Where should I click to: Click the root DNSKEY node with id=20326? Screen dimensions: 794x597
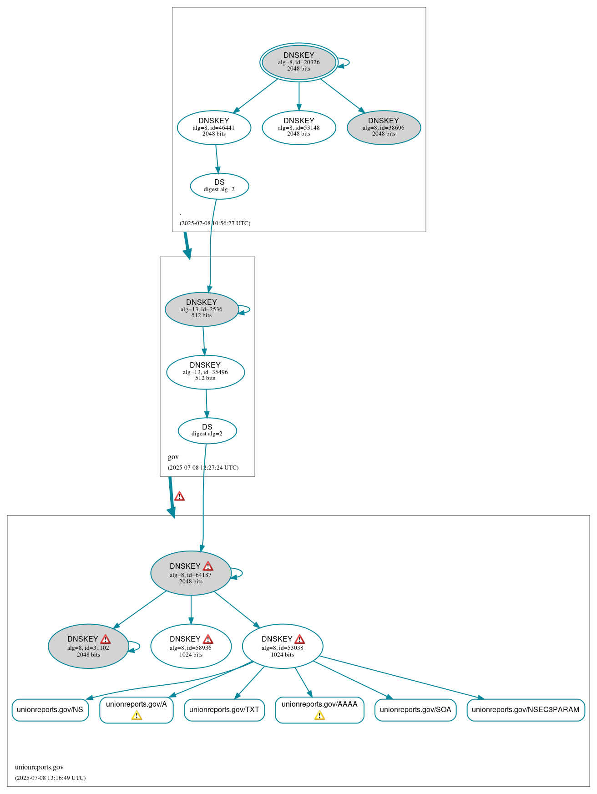click(x=298, y=62)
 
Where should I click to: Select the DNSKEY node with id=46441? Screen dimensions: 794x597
click(x=214, y=128)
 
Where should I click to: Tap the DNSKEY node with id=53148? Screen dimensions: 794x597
click(x=298, y=128)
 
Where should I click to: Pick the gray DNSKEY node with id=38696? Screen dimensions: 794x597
click(x=384, y=128)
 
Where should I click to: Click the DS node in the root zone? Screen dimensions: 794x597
click(x=219, y=186)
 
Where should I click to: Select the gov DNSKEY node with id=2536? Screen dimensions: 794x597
click(x=202, y=309)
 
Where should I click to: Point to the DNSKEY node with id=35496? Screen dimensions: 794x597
click(x=205, y=372)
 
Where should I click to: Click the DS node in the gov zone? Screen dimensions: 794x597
click(x=207, y=430)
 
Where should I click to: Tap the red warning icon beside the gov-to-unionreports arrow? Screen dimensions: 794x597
click(x=180, y=496)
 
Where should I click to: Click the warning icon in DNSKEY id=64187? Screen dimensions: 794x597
click(x=208, y=566)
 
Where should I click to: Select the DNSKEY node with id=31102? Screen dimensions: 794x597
click(x=88, y=646)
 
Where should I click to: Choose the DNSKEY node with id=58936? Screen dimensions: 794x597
click(x=191, y=646)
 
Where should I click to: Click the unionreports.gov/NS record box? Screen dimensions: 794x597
click(x=50, y=710)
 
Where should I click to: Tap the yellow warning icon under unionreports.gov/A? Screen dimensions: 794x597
click(x=137, y=716)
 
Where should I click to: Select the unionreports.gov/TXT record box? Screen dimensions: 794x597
click(x=224, y=710)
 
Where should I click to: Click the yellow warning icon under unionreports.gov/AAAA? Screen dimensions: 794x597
click(x=319, y=716)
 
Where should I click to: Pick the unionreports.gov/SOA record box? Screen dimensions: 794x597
click(x=415, y=710)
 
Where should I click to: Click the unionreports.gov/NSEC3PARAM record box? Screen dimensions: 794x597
click(x=526, y=710)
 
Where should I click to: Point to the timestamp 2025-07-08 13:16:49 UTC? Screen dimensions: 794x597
click(x=50, y=778)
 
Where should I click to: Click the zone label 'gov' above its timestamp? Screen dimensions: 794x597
click(x=173, y=457)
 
